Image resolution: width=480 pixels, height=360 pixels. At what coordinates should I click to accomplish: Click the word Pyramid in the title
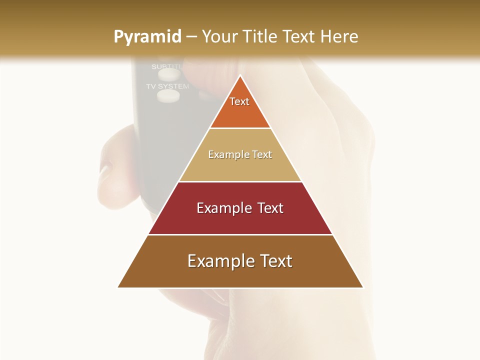click(147, 37)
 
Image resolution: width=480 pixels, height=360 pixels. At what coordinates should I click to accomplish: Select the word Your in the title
click(220, 36)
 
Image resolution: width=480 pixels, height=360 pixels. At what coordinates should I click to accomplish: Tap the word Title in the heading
click(260, 36)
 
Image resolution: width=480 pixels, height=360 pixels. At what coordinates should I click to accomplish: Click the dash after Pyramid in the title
click(191, 37)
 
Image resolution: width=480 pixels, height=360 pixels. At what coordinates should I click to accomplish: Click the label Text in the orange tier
click(239, 101)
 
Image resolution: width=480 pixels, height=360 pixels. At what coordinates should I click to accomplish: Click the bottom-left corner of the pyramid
click(118, 287)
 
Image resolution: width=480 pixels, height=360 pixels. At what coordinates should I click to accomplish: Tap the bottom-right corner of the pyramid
click(362, 287)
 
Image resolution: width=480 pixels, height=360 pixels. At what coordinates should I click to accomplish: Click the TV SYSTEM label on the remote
click(167, 86)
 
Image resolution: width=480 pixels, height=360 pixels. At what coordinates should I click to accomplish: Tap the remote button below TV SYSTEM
click(168, 96)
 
